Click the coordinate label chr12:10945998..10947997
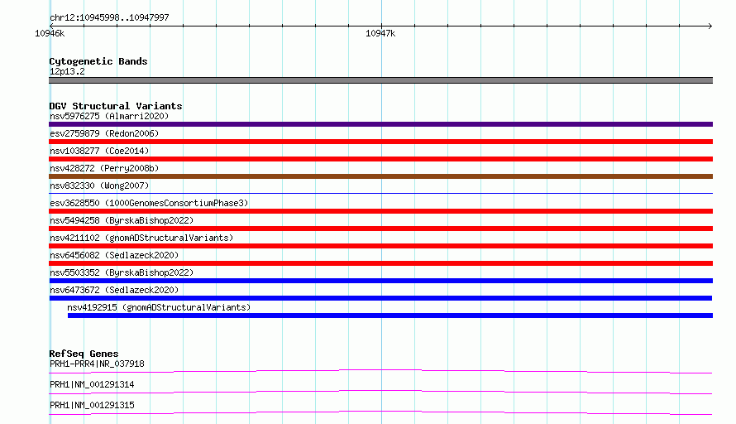click(109, 17)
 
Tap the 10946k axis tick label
click(50, 33)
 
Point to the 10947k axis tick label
click(380, 33)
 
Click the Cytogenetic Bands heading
click(98, 61)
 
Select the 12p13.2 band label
click(67, 71)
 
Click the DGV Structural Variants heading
click(116, 106)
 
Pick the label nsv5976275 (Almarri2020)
click(109, 116)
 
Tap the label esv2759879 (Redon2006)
click(104, 133)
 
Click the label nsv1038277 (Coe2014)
click(99, 151)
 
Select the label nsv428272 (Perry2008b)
click(104, 168)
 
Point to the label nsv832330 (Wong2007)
click(99, 185)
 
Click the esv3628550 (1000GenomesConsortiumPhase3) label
click(149, 203)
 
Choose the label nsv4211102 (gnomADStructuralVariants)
click(141, 238)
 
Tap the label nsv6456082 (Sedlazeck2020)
click(114, 255)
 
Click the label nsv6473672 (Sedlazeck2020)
click(114, 290)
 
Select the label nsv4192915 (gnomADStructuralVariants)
click(159, 307)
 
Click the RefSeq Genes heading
click(84, 354)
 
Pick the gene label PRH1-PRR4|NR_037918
click(97, 364)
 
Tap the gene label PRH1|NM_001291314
click(92, 384)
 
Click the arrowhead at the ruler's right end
click(710, 26)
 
